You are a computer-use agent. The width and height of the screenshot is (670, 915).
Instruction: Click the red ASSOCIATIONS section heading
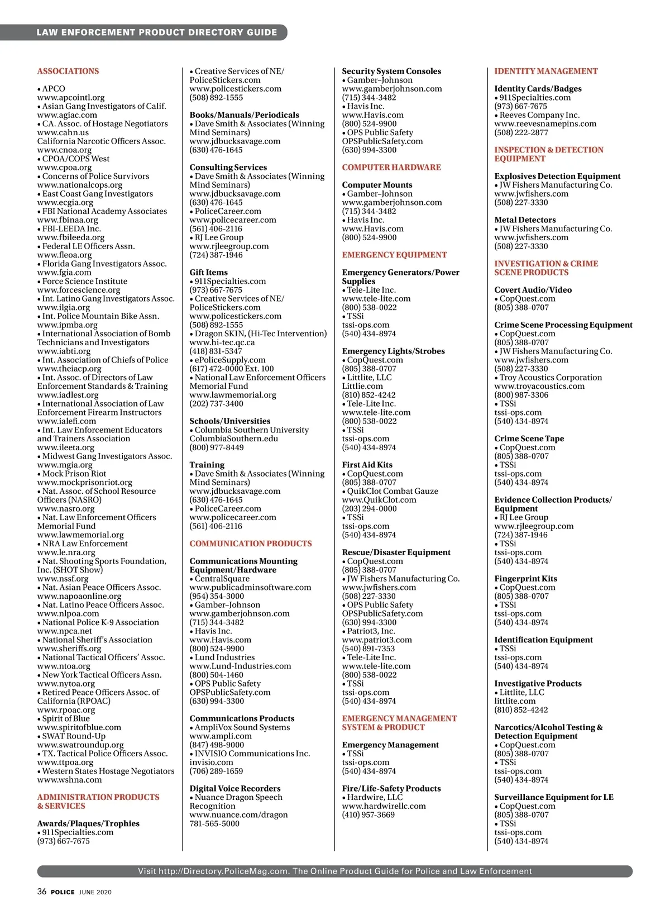point(68,71)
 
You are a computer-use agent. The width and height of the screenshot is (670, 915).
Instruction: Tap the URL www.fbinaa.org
point(68,220)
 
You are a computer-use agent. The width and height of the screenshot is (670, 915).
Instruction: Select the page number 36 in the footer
point(42,892)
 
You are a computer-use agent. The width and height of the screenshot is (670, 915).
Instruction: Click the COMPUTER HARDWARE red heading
point(391,167)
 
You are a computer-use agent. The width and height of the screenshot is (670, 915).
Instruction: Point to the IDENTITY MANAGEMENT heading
point(545,71)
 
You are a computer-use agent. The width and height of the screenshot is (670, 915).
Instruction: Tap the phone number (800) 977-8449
point(217,447)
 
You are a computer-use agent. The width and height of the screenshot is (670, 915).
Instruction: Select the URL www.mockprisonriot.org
point(85,482)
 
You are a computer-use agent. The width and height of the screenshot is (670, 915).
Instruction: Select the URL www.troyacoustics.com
point(539,386)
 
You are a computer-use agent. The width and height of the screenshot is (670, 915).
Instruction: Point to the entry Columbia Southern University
point(251,430)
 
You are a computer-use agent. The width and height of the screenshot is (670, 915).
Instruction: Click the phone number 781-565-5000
point(214,823)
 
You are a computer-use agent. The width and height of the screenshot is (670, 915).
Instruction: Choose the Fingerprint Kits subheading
point(525,579)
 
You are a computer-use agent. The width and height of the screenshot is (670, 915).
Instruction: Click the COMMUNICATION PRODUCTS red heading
point(251,544)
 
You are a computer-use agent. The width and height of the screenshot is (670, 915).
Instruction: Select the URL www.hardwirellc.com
point(384,806)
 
